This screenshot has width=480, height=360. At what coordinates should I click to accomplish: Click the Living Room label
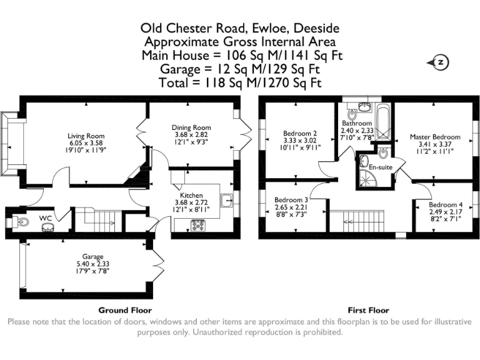pyautogui.click(x=86, y=136)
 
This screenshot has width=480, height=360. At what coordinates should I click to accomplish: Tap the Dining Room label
pyautogui.click(x=191, y=127)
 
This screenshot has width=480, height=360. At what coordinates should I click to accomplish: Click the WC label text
pyautogui.click(x=46, y=217)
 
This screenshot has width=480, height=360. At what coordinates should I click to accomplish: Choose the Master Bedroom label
pyautogui.click(x=435, y=137)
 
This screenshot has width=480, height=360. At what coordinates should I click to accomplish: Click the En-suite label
pyautogui.click(x=380, y=168)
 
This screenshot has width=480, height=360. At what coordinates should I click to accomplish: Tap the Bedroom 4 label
pyautogui.click(x=446, y=205)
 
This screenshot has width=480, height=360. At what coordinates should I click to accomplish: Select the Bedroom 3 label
pyautogui.click(x=292, y=200)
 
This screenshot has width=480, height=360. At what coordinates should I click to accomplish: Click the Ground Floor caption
pyautogui.click(x=125, y=310)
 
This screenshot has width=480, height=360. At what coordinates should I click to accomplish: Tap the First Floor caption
pyautogui.click(x=368, y=310)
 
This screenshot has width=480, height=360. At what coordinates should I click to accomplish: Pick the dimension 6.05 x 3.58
pyautogui.click(x=86, y=142)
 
